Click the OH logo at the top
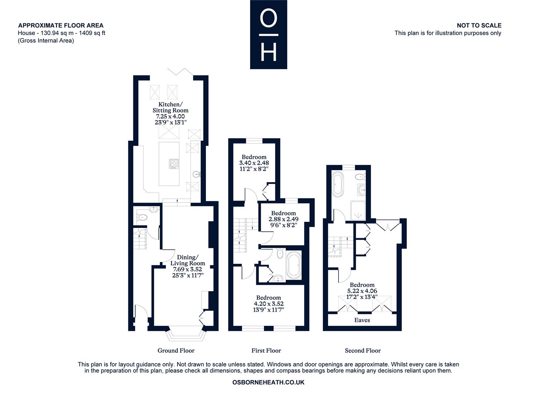click(268, 35)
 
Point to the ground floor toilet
click(143, 217)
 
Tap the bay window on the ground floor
click(186, 334)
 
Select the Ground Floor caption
click(176, 350)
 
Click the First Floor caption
click(266, 350)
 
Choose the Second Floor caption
click(363, 350)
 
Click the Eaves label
click(362, 320)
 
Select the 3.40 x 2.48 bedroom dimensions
click(254, 163)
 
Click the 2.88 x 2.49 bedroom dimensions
click(283, 219)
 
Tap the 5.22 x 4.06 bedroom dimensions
click(362, 291)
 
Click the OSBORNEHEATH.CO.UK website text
click(268, 382)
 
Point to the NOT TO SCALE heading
click(479, 25)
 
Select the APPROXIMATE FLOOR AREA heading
click(61, 25)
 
